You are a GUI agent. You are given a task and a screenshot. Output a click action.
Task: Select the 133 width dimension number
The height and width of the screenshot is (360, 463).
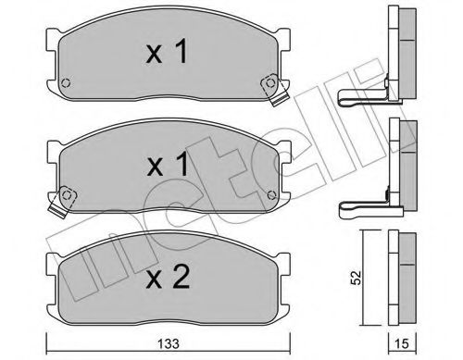point(169,344)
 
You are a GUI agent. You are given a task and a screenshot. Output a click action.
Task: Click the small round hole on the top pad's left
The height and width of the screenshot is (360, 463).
point(65,89)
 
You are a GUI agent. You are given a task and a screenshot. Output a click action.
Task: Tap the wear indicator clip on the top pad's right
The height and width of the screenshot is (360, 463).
point(271,83)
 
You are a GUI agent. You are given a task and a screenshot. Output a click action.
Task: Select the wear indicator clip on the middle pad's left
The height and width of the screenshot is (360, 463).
point(65,196)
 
